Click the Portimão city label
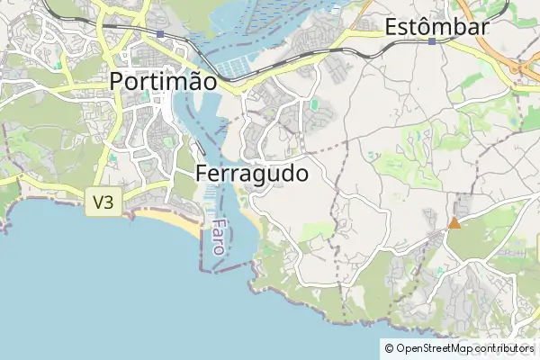[163, 81]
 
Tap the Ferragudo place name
[252, 173]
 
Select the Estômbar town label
[436, 27]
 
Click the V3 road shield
[103, 202]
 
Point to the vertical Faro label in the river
[218, 236]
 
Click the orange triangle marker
[454, 222]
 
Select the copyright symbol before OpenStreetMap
[389, 347]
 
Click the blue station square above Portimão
[159, 34]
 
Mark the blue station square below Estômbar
[432, 41]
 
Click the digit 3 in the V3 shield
[109, 202]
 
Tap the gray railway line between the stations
[297, 54]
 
